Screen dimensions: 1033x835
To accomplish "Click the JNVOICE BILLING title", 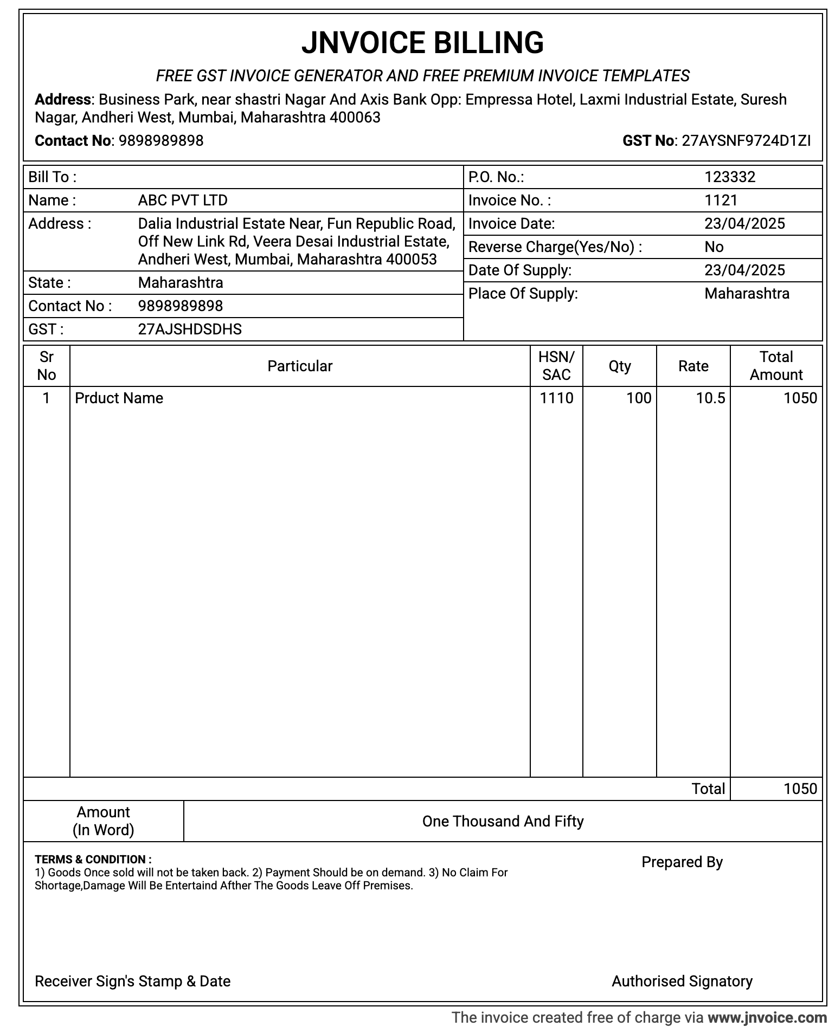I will pyautogui.click(x=422, y=43).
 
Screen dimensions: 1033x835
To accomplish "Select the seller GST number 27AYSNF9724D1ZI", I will pyautogui.click(x=746, y=141).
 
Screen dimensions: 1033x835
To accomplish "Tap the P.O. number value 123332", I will pyautogui.click(x=730, y=177).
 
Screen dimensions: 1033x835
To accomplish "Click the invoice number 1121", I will pyautogui.click(x=721, y=201).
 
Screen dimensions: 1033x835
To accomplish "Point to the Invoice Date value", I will pyautogui.click(x=744, y=224).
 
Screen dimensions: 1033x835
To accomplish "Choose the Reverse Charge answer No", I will pyautogui.click(x=714, y=247).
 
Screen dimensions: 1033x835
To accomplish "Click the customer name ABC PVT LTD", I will pyautogui.click(x=183, y=201).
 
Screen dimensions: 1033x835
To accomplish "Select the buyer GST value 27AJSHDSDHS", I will pyautogui.click(x=190, y=330).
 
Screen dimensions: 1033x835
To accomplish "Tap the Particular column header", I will pyautogui.click(x=300, y=366).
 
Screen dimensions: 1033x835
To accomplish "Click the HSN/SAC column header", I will pyautogui.click(x=556, y=366).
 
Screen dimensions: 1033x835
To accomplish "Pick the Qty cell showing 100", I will pyautogui.click(x=639, y=398).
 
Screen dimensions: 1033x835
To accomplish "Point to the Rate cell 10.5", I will pyautogui.click(x=710, y=398).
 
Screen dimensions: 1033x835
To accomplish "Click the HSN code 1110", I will pyautogui.click(x=556, y=398).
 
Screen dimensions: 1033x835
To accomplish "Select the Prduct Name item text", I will pyautogui.click(x=119, y=398).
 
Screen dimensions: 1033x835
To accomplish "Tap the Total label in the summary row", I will pyautogui.click(x=708, y=789).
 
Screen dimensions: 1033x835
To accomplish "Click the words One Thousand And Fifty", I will pyautogui.click(x=503, y=822).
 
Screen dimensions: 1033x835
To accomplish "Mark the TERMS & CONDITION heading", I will pyautogui.click(x=93, y=860).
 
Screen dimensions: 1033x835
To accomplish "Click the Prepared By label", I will pyautogui.click(x=682, y=862).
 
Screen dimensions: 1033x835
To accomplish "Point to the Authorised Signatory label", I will pyautogui.click(x=682, y=982).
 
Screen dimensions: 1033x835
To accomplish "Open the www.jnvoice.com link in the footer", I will pyautogui.click(x=767, y=1018).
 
